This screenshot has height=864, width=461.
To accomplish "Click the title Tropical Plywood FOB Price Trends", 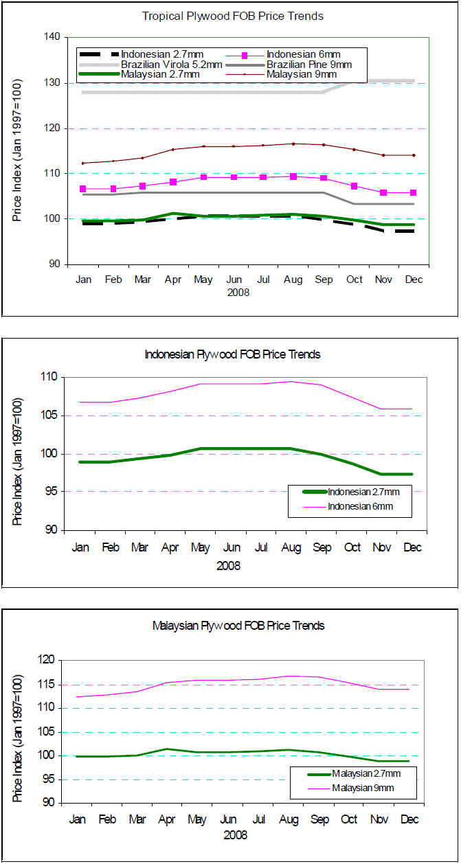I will click(x=232, y=16).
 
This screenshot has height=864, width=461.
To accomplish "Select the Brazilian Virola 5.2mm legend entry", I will click(x=171, y=65).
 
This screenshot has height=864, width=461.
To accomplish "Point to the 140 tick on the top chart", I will click(x=52, y=37).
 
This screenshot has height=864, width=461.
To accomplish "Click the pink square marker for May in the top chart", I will click(x=203, y=177).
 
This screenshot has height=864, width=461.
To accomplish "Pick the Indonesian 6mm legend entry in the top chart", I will click(x=302, y=54).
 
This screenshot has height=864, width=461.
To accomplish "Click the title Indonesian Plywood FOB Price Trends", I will click(x=232, y=354).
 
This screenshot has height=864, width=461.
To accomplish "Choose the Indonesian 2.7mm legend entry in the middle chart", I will click(x=363, y=492).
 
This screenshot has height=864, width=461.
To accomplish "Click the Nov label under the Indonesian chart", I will click(x=382, y=547).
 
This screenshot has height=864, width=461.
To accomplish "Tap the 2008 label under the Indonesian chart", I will click(x=228, y=565).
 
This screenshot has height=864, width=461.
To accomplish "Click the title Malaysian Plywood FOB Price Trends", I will click(x=238, y=626).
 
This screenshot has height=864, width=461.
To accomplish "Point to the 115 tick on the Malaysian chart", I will click(x=50, y=685).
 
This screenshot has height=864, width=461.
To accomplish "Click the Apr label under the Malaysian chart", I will click(x=168, y=819).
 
